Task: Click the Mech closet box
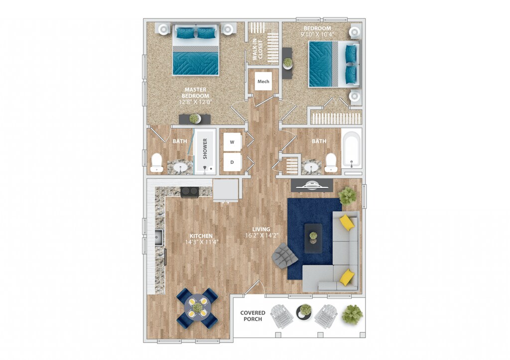[263, 81]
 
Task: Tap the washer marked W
[232, 142]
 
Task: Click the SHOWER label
[205, 148]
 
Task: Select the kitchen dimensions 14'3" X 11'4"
[201, 242]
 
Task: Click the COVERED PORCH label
[253, 316]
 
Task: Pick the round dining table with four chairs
[197, 307]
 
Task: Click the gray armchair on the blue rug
[284, 256]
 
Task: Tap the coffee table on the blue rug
[313, 238]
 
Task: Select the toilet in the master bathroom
[157, 162]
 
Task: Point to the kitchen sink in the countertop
[158, 238]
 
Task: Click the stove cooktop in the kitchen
[190, 192]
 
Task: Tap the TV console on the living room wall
[312, 185]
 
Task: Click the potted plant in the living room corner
[348, 196]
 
